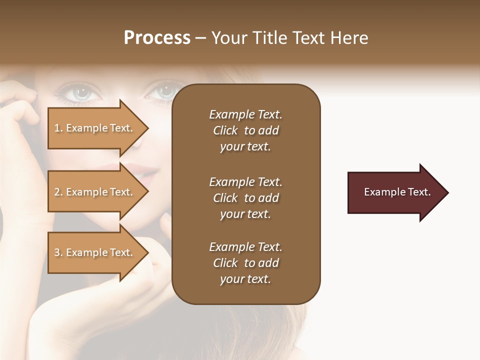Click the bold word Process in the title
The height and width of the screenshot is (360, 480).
[x=157, y=38]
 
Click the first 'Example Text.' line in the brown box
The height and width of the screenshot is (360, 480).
[x=245, y=114]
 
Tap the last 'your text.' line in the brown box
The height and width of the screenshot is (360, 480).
[x=245, y=279]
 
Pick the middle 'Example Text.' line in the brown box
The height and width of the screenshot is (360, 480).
[x=245, y=182]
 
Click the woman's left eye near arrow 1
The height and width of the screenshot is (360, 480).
[x=77, y=91]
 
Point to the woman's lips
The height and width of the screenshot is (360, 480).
[x=150, y=172]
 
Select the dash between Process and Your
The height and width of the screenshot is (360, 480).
[x=201, y=38]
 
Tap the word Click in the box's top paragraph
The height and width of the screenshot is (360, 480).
[x=225, y=130]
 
